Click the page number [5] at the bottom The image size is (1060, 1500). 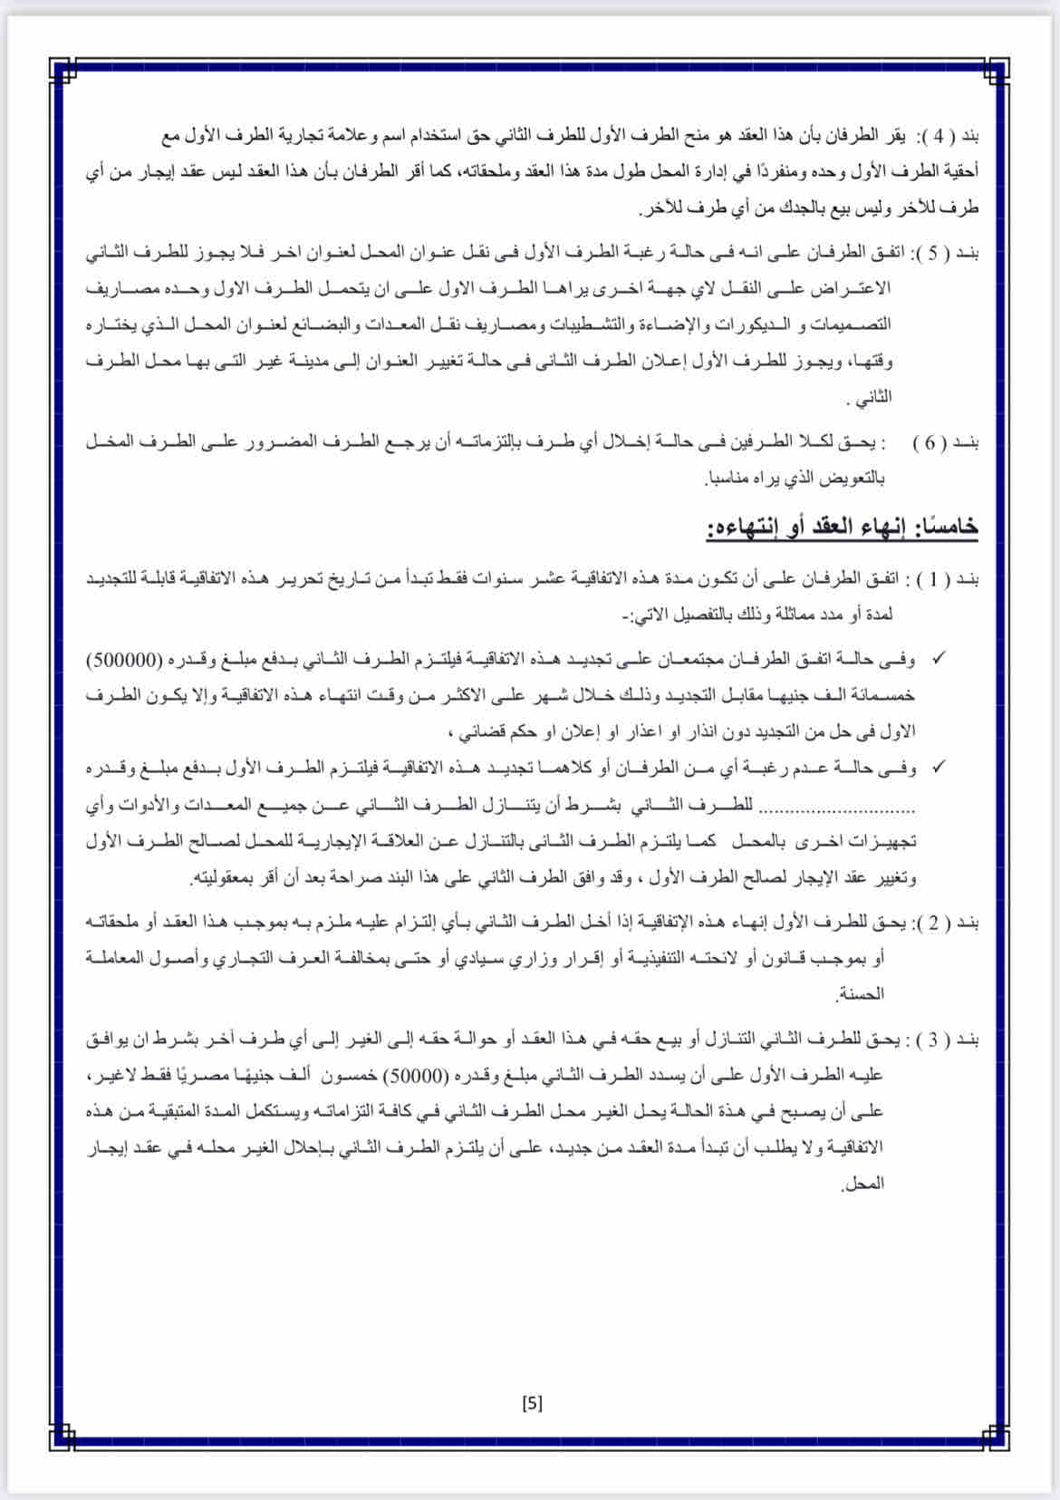pos(532,1403)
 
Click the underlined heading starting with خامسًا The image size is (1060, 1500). pos(843,527)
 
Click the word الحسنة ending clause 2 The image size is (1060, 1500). pos(861,994)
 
